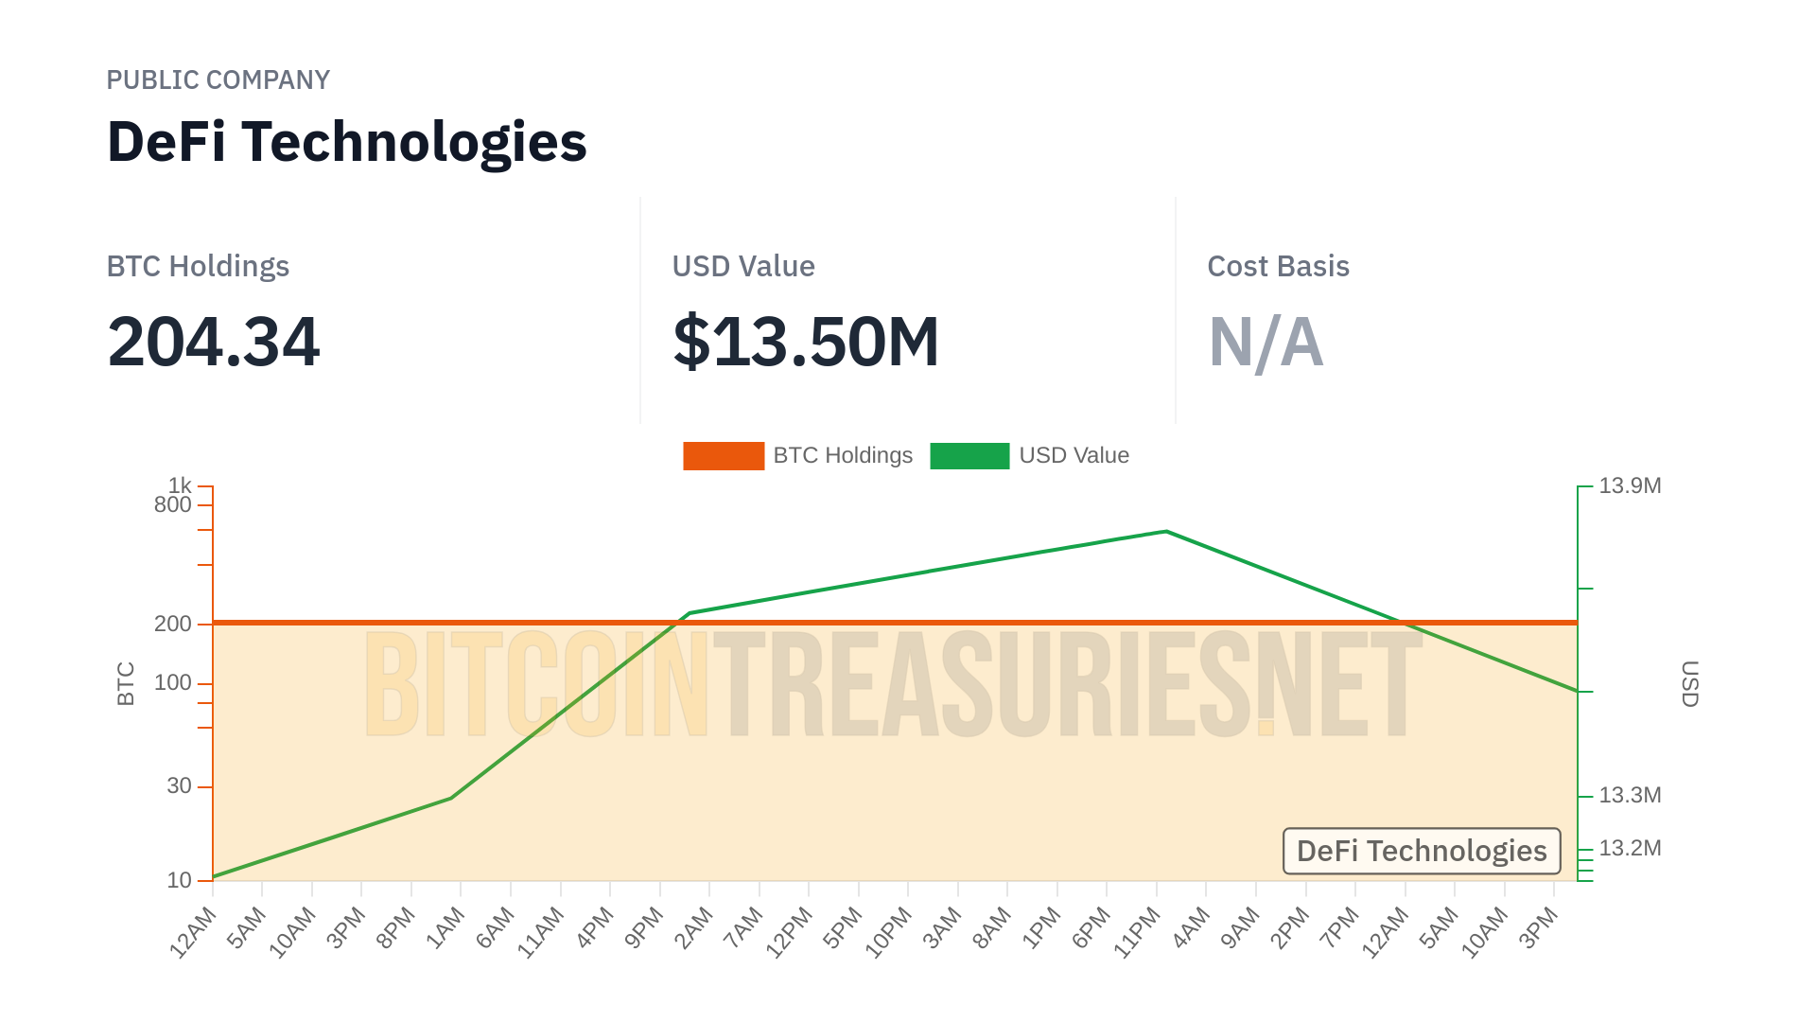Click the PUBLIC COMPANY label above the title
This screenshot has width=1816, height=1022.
pos(218,80)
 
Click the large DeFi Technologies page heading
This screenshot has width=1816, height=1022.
pos(346,142)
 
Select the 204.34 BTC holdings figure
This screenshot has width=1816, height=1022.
pos(214,342)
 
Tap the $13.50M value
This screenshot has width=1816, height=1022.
pos(806,342)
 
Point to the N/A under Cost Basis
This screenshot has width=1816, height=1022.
pos(1266,342)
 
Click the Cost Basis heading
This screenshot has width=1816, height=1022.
pos(1278,267)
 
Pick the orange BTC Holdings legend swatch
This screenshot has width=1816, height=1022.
pos(724,456)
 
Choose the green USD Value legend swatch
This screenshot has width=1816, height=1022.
pos(969,456)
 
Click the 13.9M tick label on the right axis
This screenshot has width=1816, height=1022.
pos(1630,486)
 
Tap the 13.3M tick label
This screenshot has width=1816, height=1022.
pos(1630,796)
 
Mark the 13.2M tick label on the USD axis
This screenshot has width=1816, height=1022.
pos(1630,849)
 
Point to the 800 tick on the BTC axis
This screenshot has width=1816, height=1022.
pos(173,505)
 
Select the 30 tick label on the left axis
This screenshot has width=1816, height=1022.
pos(179,786)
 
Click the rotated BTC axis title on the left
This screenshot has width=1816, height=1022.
pos(126,683)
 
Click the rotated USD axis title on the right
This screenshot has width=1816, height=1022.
pos(1690,683)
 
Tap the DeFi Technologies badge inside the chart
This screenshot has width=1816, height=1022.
pos(1422,852)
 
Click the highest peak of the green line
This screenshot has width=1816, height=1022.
pos(1166,532)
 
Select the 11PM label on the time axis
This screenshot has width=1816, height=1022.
pos(1137,933)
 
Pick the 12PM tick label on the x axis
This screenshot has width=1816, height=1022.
pos(789,933)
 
